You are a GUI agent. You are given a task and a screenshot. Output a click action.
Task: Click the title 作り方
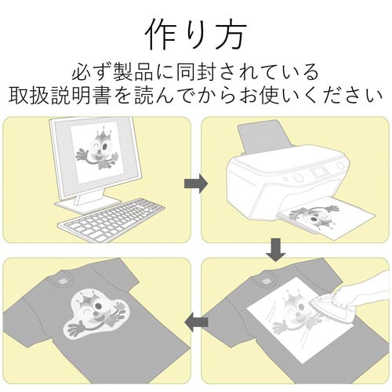point(196,34)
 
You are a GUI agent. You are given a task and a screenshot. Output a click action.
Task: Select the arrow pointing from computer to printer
point(195,183)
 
